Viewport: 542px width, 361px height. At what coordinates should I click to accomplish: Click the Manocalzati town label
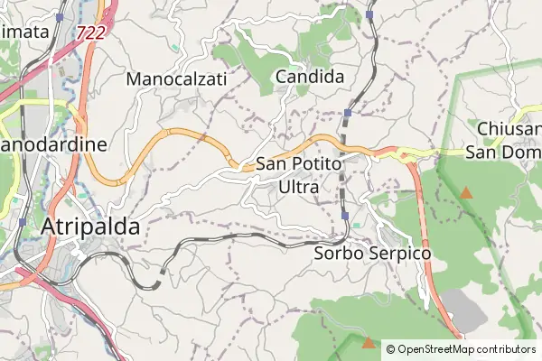point(177,79)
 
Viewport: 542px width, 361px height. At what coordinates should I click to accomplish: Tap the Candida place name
point(310,78)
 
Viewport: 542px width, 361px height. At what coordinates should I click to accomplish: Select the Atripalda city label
point(90,227)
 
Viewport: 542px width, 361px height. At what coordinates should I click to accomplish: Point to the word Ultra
point(299,187)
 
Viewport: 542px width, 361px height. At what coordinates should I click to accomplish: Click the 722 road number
point(89,32)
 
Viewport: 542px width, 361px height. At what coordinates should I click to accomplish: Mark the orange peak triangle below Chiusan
point(466,192)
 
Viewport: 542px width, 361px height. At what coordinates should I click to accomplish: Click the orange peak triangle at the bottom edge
point(368,343)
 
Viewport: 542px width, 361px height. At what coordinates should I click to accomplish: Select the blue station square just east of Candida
point(348,113)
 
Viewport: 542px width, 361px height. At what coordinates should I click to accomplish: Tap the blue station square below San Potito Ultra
point(345,216)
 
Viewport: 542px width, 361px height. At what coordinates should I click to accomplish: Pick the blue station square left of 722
point(60,17)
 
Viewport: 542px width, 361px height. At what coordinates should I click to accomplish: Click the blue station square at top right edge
point(370,15)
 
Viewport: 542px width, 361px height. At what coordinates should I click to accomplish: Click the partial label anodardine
point(54,144)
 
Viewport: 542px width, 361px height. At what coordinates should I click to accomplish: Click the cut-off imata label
point(24,32)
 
